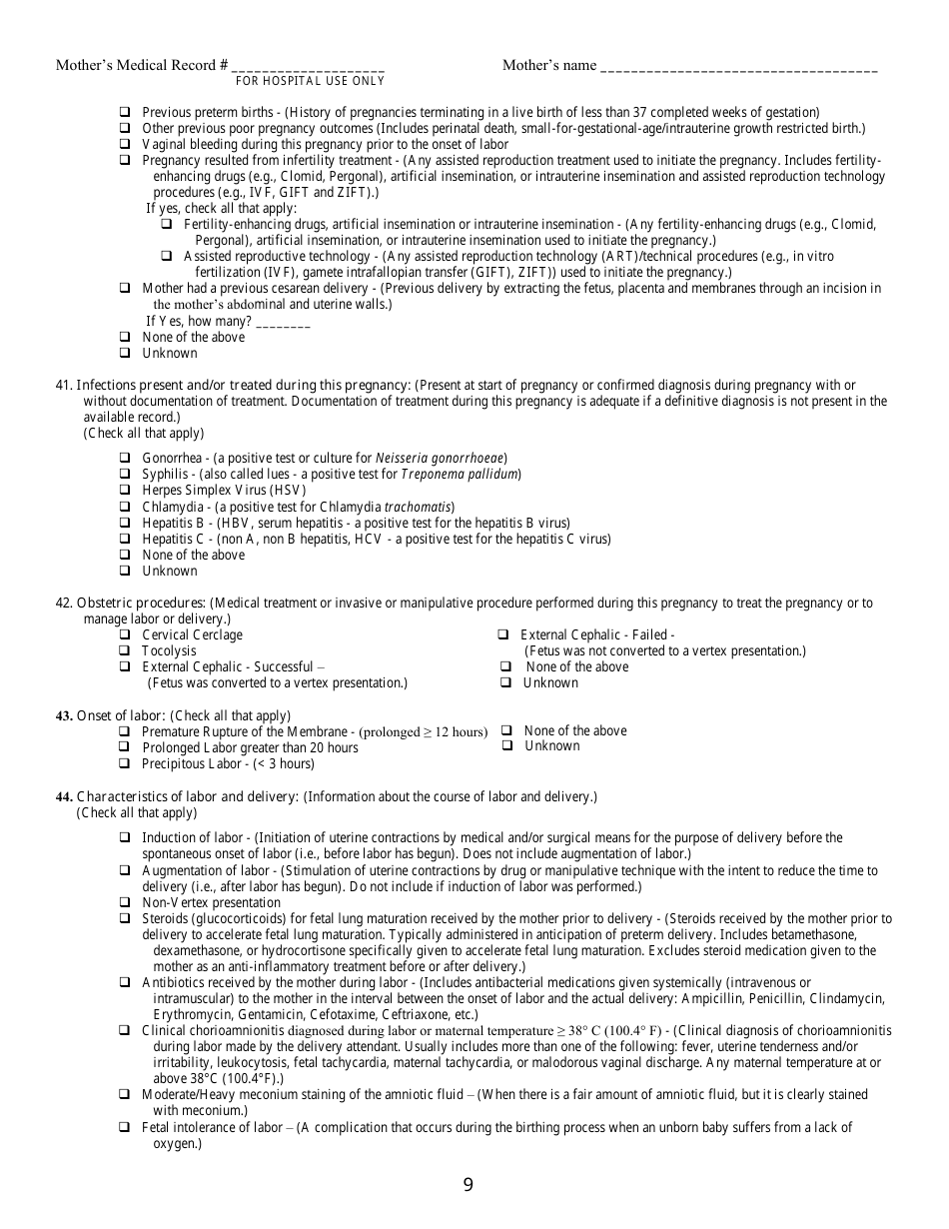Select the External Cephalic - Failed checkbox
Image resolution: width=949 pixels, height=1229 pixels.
coord(503,634)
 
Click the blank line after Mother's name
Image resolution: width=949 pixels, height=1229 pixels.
coord(738,67)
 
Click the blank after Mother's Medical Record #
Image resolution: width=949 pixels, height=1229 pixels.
coord(308,67)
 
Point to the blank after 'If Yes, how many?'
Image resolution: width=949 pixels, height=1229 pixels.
coord(283,322)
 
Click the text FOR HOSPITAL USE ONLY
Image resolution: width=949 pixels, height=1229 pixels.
coord(310,81)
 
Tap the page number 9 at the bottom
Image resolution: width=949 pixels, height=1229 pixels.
coord(469,1186)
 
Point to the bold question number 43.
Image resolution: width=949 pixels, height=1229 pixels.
coord(64,715)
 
